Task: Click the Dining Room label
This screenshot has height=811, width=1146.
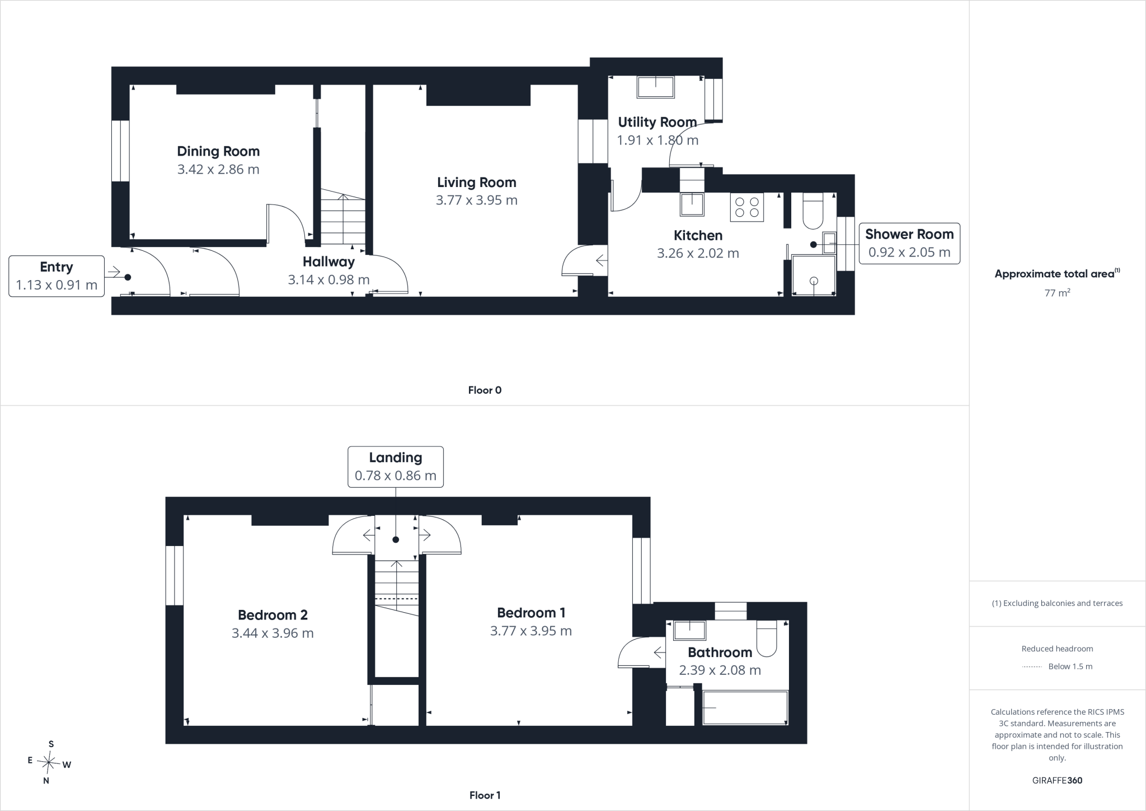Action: coord(218,151)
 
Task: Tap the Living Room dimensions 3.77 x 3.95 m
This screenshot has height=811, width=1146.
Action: coord(477,200)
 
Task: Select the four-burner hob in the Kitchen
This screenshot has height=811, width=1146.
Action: coord(747,207)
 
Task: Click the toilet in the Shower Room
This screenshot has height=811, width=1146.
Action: coord(812,211)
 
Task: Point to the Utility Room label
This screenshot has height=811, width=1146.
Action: coord(657,122)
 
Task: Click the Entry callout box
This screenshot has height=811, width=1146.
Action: coord(57,276)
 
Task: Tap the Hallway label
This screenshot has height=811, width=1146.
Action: coord(328,262)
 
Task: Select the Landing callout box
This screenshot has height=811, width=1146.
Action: coord(396,467)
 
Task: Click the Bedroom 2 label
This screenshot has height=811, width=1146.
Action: coord(273,615)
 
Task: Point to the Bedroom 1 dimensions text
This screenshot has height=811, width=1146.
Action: coord(531,631)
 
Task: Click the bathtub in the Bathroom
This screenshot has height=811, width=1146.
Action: coord(745,707)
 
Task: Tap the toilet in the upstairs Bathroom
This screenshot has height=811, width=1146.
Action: coord(767,638)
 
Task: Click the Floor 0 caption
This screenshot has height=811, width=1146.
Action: coord(485,390)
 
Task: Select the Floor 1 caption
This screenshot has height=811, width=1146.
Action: coord(485,795)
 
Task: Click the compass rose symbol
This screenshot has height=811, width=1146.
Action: coord(49,762)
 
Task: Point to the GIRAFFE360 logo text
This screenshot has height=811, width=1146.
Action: coord(1057,780)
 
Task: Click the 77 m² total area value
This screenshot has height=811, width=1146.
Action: coord(1057,292)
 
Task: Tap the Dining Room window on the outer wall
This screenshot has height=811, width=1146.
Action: coord(120,151)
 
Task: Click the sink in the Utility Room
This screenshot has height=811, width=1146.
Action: coord(656,87)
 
